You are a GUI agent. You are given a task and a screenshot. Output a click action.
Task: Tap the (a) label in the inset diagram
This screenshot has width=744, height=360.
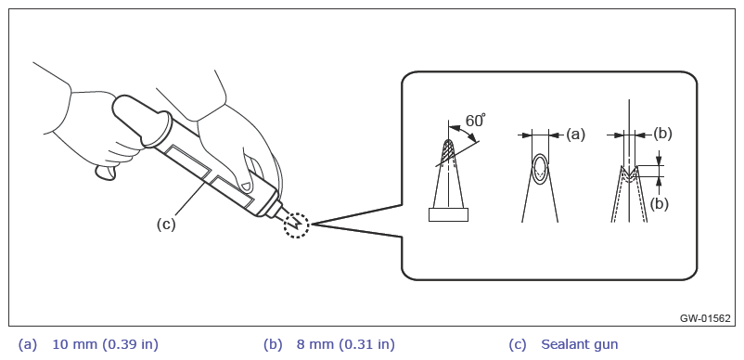pos(575,135)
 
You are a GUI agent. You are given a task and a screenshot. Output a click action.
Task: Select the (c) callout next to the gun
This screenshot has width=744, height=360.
pos(166,224)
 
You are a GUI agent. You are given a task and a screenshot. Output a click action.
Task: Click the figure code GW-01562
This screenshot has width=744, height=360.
pos(705,318)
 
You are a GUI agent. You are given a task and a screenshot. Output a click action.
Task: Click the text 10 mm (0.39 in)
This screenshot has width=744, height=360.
pos(106,345)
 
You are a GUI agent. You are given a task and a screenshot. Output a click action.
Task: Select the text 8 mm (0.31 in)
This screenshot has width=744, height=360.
pos(345,345)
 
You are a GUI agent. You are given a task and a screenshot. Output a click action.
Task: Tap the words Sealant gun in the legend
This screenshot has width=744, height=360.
pos(580,345)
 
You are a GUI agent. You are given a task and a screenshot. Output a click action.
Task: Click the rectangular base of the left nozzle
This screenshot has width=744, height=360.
pos(448,215)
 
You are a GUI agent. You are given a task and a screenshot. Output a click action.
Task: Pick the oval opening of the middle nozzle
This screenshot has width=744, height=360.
pos(540,168)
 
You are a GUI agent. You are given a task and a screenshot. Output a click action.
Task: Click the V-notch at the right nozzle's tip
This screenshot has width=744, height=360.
pos(629,173)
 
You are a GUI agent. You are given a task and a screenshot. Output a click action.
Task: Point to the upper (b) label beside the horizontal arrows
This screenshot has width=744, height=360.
pos(662,135)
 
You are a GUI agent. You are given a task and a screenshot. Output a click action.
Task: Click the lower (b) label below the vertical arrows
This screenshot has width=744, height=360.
pos(659,204)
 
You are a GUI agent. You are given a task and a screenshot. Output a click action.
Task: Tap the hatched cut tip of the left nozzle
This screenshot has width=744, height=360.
pos(447,152)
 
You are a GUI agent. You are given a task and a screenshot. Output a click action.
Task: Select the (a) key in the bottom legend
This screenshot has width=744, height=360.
pos(28,345)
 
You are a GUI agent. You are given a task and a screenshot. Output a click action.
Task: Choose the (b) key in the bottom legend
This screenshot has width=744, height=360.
pos(273,345)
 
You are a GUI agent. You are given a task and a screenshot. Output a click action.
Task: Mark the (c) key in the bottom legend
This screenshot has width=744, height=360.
pos(518,345)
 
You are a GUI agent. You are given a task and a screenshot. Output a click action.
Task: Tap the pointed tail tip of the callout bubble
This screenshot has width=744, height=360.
pos(312,224)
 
